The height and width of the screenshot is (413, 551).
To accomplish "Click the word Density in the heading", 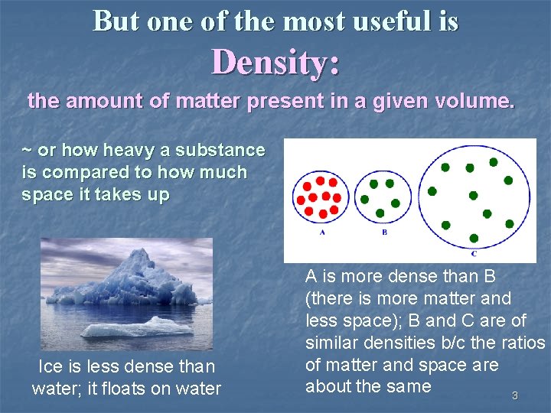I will [x=269, y=62].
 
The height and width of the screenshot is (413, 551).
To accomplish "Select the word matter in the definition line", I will [x=209, y=100].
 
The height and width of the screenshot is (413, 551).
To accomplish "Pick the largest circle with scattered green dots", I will [x=474, y=197].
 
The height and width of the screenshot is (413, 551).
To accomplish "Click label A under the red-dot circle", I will [x=321, y=232].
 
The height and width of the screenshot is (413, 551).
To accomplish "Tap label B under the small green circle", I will [x=384, y=232].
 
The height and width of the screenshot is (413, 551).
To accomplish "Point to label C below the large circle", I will [x=474, y=253].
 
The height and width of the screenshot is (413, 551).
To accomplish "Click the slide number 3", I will [x=514, y=395].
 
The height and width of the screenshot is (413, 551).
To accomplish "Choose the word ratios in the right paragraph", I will [x=520, y=343].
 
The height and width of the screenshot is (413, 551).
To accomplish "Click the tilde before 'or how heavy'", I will [x=27, y=151].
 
